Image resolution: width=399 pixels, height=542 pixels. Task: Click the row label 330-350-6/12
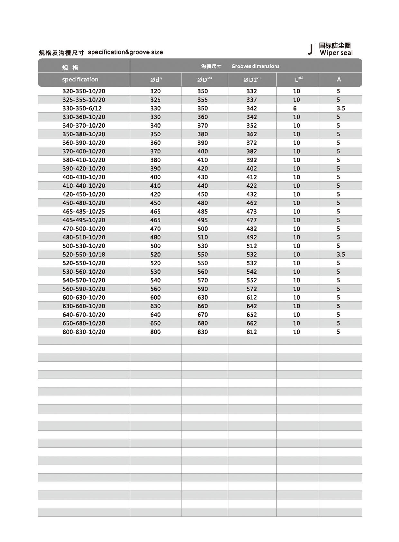(82, 109)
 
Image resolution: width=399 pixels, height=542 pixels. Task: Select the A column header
(339, 80)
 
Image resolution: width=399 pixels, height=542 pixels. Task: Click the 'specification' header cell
(80, 80)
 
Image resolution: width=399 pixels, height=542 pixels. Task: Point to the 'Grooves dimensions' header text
(255, 66)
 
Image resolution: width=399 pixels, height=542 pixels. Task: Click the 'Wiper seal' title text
(336, 53)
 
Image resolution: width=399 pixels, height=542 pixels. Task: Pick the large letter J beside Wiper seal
(310, 50)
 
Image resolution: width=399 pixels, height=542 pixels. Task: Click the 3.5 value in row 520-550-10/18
(340, 254)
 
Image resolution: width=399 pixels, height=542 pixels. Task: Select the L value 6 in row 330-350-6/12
(295, 109)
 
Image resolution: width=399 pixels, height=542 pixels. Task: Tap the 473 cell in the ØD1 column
(252, 212)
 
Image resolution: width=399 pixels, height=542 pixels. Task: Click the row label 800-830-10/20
(84, 332)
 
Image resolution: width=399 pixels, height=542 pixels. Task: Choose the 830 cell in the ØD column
(202, 332)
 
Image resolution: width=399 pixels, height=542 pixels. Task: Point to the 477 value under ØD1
(252, 220)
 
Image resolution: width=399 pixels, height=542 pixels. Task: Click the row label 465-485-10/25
(84, 212)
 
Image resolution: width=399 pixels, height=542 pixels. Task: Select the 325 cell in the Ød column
(155, 100)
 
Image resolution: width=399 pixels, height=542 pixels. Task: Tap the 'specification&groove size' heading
(125, 52)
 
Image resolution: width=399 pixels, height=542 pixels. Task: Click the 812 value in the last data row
(252, 332)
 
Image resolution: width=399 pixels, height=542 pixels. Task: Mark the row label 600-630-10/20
(84, 298)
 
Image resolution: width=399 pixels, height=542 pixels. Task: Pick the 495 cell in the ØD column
(202, 220)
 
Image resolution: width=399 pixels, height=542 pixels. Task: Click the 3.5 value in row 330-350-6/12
(340, 109)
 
